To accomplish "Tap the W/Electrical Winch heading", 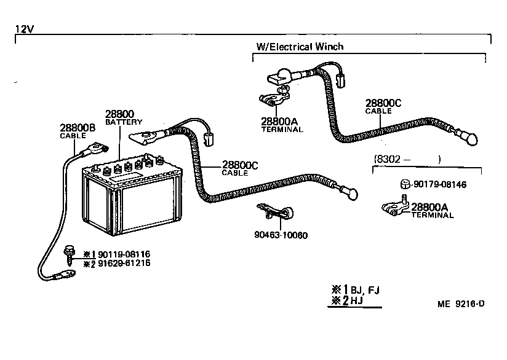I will (300, 47).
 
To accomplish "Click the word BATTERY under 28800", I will (124, 122).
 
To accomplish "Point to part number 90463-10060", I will (280, 235).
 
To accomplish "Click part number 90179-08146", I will (440, 184).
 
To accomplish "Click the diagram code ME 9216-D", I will (461, 303).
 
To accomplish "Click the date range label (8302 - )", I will (407, 159).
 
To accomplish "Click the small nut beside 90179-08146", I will (404, 184).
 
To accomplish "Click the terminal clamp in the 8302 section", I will (394, 206).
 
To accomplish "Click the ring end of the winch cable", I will (470, 139).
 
